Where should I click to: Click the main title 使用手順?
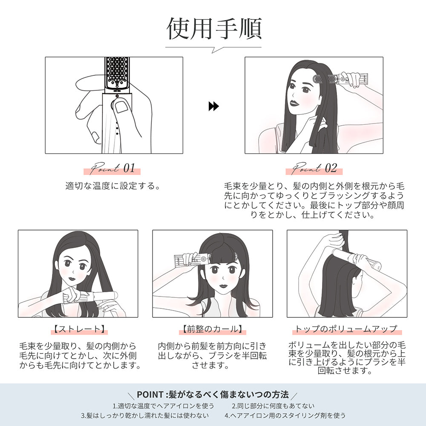click(213, 29)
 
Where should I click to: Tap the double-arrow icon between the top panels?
click(213, 106)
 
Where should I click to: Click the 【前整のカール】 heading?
click(212, 329)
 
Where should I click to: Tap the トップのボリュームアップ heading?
click(346, 329)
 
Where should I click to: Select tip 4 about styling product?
click(285, 415)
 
